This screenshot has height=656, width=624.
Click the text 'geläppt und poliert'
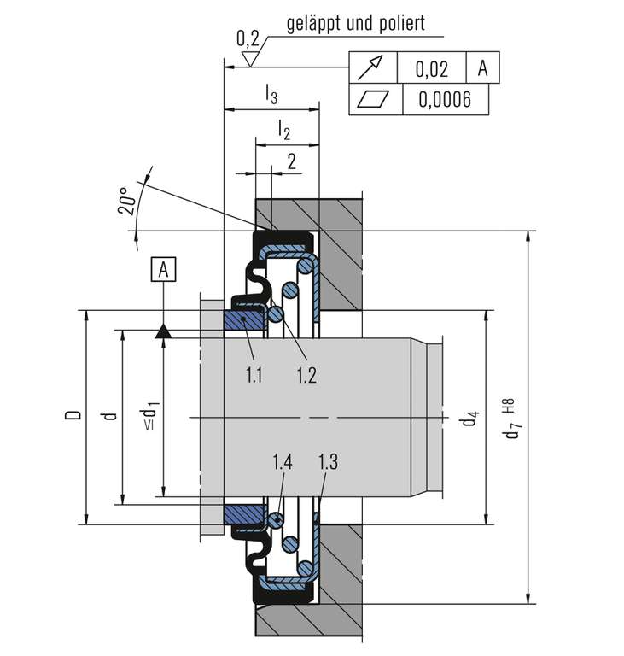pyautogui.click(x=355, y=24)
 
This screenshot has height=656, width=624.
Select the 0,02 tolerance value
pyautogui.click(x=432, y=69)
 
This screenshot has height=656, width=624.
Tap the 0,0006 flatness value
pyautogui.click(x=445, y=100)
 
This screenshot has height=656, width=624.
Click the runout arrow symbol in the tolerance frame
pyautogui.click(x=370, y=67)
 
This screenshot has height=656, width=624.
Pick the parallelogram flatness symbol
pyautogui.click(x=373, y=100)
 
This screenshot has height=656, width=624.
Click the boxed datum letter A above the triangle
pyautogui.click(x=164, y=269)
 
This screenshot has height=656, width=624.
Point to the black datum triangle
pyautogui.click(x=164, y=331)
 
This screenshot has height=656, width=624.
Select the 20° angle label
pyautogui.click(x=126, y=202)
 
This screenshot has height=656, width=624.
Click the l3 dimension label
pyautogui.click(x=271, y=94)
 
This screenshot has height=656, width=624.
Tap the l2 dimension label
pyautogui.click(x=284, y=130)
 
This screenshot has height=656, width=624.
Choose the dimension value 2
pyautogui.click(x=291, y=161)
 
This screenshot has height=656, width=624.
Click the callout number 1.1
pyautogui.click(x=254, y=375)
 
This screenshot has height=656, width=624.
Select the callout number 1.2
pyautogui.click(x=306, y=375)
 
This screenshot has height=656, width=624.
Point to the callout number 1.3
pyautogui.click(x=328, y=462)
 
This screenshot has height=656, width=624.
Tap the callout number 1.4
pyautogui.click(x=283, y=462)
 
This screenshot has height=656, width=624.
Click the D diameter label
pyautogui.click(x=73, y=414)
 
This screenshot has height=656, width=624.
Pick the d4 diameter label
pyautogui.click(x=469, y=419)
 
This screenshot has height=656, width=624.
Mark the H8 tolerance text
pyautogui.click(x=510, y=406)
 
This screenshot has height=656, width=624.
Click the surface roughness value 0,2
pyautogui.click(x=248, y=38)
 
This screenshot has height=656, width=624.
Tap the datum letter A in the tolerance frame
pyautogui.click(x=482, y=67)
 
